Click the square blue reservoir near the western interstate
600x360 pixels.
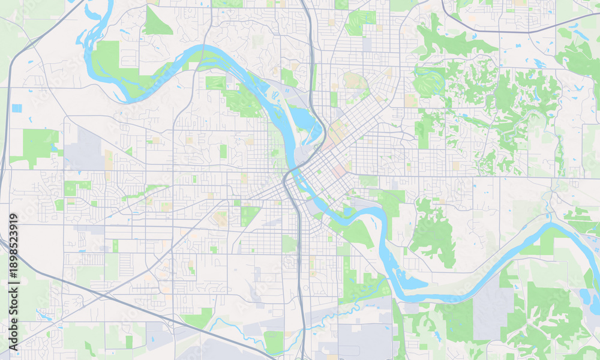click(x=17, y=108)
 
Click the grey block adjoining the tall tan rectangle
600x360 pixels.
click(x=84, y=147)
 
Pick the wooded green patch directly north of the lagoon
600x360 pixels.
click(x=432, y=234)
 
